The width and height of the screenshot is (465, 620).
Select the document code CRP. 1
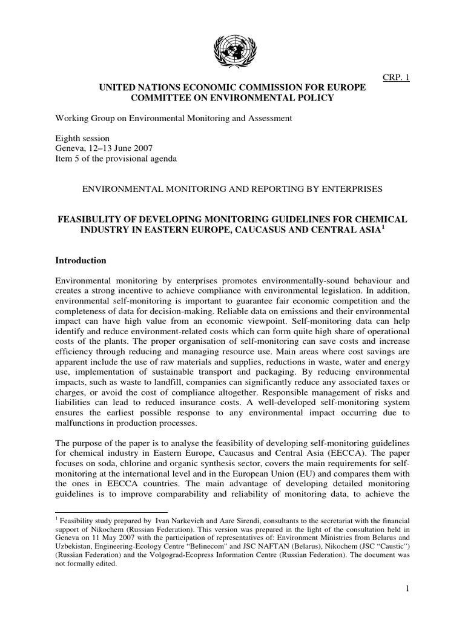[x=397, y=77]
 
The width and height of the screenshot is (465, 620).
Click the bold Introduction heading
[x=81, y=260]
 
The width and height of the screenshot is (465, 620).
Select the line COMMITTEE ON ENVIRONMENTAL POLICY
[x=232, y=99]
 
